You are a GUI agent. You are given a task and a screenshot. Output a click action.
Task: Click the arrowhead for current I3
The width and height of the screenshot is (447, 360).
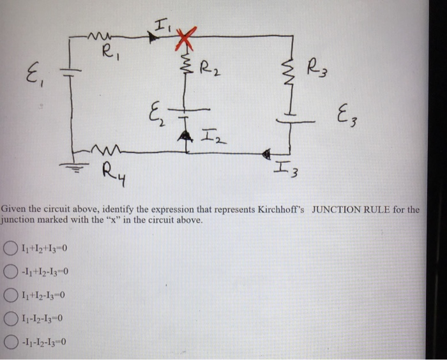click(269, 153)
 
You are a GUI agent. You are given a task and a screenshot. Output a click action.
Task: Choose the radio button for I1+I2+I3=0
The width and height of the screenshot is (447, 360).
click(11, 248)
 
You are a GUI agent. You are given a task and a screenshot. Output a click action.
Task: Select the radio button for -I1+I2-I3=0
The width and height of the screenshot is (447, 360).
click(11, 271)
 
